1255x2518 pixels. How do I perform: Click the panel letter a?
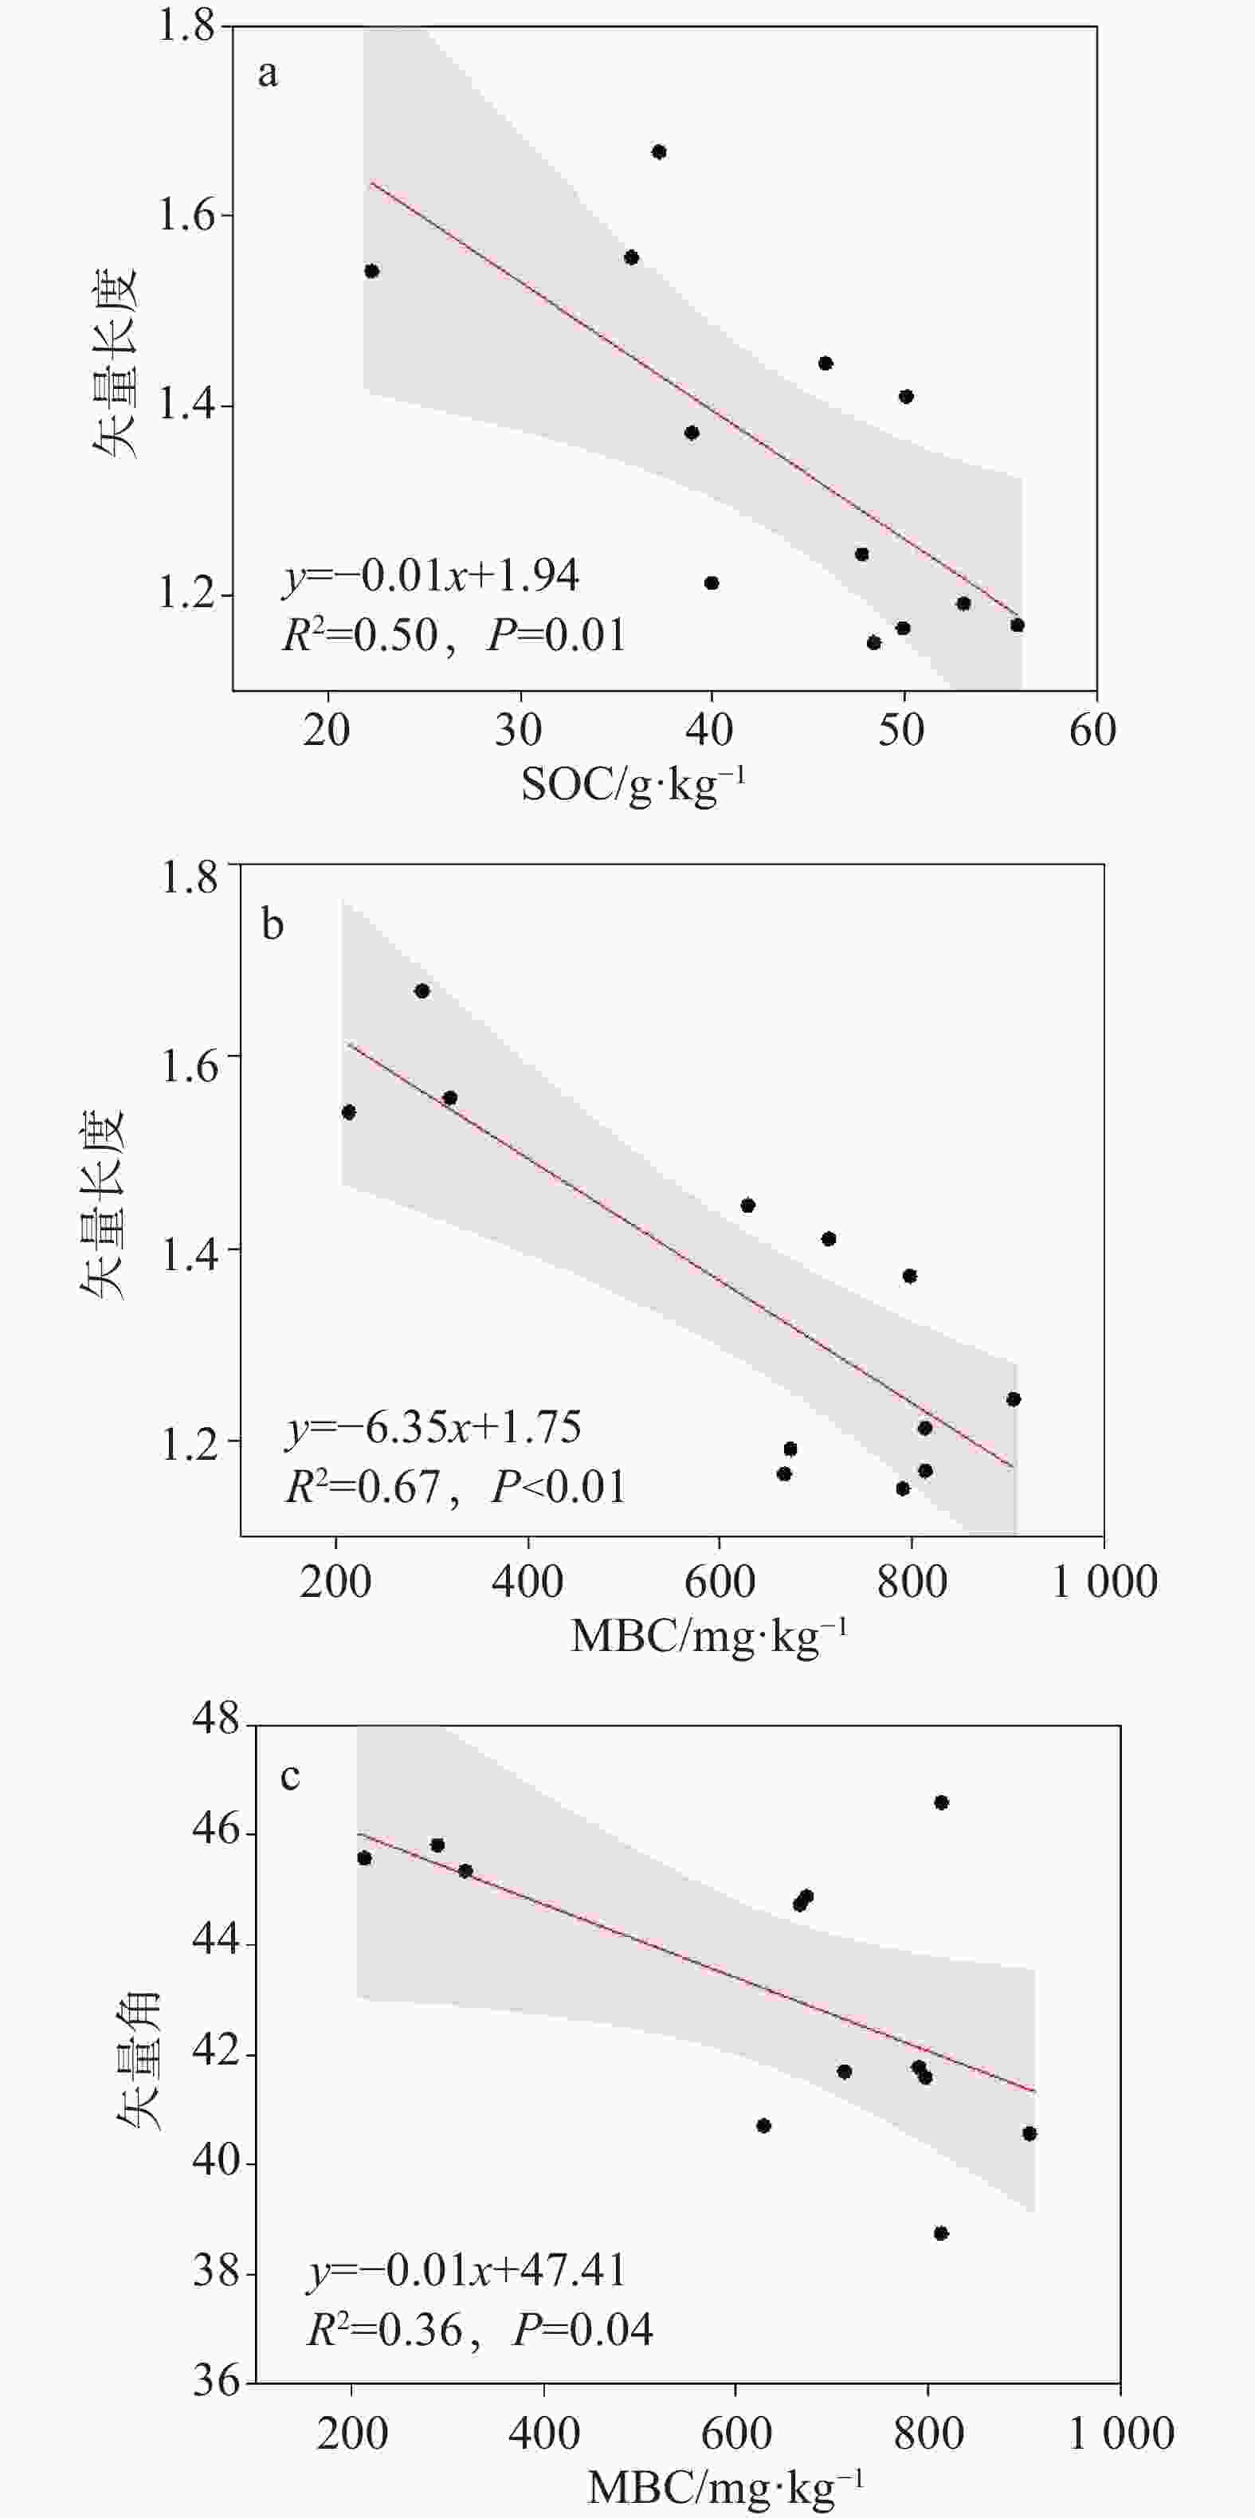tap(267, 74)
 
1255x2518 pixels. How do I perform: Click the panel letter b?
tap(273, 924)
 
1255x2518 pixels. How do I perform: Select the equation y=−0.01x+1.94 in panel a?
tap(431, 576)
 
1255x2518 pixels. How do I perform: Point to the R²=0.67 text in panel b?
tap(363, 1487)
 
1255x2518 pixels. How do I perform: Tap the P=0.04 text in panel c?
tap(582, 2330)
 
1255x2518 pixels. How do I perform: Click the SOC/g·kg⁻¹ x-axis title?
tap(633, 784)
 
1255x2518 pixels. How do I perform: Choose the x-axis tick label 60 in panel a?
tap(1092, 730)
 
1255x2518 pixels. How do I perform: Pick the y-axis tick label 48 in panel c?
tap(216, 1720)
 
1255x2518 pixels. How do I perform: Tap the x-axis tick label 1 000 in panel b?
tap(1104, 1581)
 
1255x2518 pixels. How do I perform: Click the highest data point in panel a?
tap(659, 151)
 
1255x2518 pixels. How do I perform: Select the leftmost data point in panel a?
tap(371, 271)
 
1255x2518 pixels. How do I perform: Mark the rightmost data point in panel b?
tap(1014, 1398)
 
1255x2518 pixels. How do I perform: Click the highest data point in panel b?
tap(422, 990)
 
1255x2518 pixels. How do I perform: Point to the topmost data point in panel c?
tap(941, 1802)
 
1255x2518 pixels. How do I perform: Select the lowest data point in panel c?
tap(941, 2234)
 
